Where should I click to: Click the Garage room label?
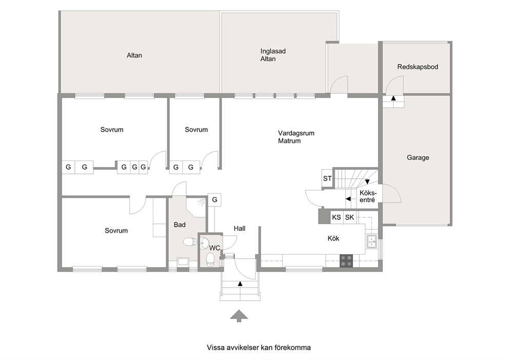pyautogui.click(x=418, y=158)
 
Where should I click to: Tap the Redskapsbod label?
pyautogui.click(x=418, y=67)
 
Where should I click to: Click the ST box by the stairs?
pyautogui.click(x=327, y=178)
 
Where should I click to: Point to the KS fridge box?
pyautogui.click(x=336, y=217)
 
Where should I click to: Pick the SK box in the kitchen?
pyautogui.click(x=349, y=217)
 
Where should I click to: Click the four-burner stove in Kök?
pyautogui.click(x=346, y=261)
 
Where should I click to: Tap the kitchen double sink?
pyautogui.click(x=371, y=242)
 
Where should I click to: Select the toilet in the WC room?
pyautogui.click(x=210, y=259)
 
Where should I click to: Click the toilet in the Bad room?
pyautogui.click(x=190, y=242)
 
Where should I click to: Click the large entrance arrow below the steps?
pyautogui.click(x=239, y=316)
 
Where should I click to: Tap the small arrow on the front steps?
pyautogui.click(x=240, y=283)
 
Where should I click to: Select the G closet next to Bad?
pyautogui.click(x=214, y=200)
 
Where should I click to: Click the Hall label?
pyautogui.click(x=240, y=229)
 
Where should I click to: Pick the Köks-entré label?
pyautogui.click(x=368, y=196)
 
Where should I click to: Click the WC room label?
pyautogui.click(x=214, y=248)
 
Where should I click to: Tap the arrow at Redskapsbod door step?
pyautogui.click(x=394, y=98)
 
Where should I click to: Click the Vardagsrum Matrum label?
pyautogui.click(x=296, y=137)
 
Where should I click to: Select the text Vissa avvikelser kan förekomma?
pyautogui.click(x=259, y=348)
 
